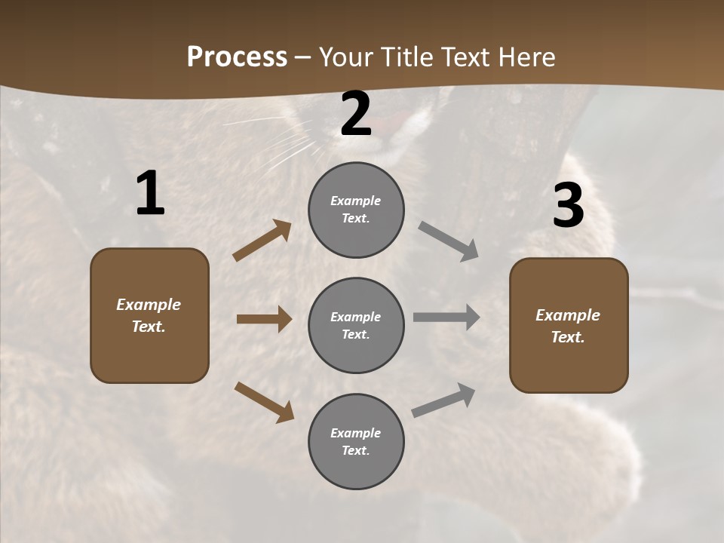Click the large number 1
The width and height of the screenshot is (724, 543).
pyautogui.click(x=150, y=194)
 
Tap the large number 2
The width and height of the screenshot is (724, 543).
pyautogui.click(x=356, y=115)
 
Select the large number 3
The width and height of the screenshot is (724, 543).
pyautogui.click(x=568, y=205)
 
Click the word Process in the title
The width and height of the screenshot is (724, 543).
pyautogui.click(x=237, y=57)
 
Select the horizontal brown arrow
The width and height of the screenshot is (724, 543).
pyautogui.click(x=264, y=319)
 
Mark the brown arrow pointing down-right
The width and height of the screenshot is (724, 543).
pyautogui.click(x=264, y=401)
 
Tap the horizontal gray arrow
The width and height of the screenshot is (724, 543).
pyautogui.click(x=446, y=318)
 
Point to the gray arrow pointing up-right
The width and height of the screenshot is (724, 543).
pyautogui.click(x=443, y=400)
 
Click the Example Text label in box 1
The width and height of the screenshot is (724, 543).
pyautogui.click(x=149, y=315)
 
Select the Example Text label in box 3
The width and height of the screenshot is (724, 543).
pyautogui.click(x=568, y=326)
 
